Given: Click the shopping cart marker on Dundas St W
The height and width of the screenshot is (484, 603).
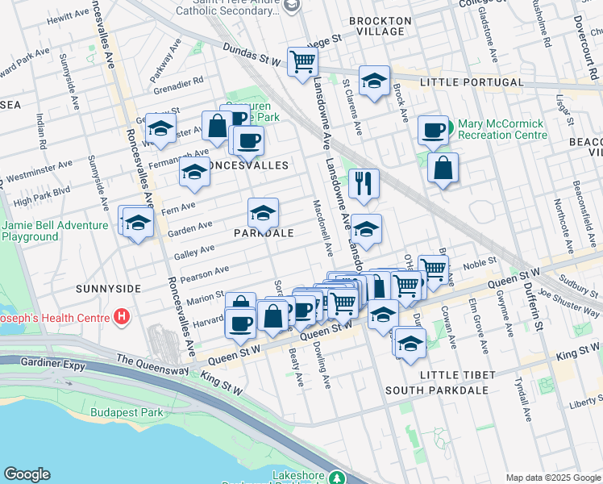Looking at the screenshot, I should point(302,60).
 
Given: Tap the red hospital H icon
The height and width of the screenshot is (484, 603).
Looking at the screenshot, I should point(122,315).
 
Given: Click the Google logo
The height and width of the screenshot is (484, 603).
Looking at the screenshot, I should point(27,474).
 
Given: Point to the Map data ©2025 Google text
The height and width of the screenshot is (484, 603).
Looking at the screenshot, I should point(552,478).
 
